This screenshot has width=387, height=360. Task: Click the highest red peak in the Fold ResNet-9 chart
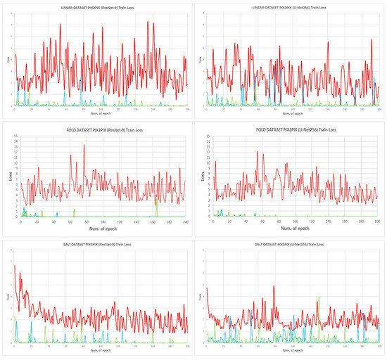point(84,146)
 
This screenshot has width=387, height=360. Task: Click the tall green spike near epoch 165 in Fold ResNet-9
point(157,198)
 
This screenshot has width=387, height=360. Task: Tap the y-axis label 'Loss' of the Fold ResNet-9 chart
point(13,178)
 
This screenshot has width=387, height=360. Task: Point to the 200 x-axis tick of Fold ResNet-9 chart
point(185,221)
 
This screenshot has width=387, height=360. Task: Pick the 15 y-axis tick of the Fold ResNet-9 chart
point(18,138)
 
